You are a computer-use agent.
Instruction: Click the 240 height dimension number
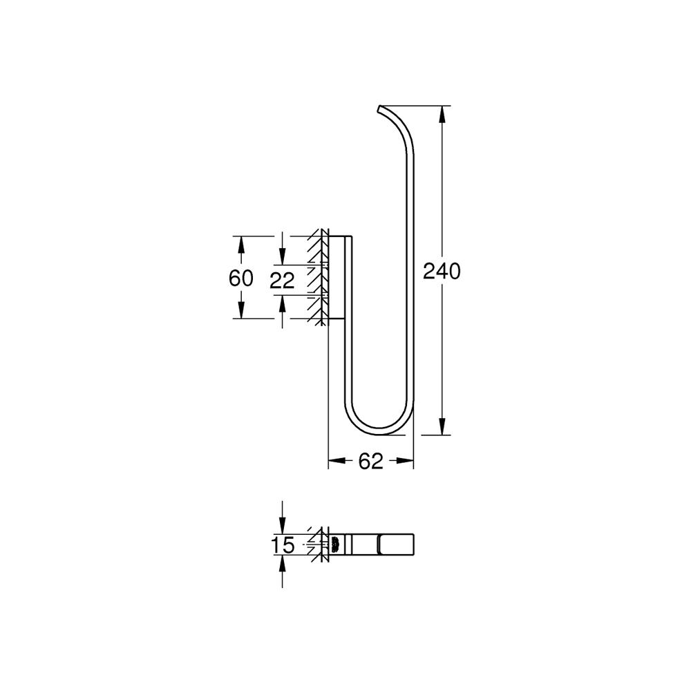coord(442,271)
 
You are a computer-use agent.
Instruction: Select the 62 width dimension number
coord(370,461)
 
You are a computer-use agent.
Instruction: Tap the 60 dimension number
coord(241,278)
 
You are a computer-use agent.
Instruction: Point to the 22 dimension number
coord(282,281)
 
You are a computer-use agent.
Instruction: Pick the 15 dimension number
coord(283,545)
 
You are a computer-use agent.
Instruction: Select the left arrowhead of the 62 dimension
coord(337,461)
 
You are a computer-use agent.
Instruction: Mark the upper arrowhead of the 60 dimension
coord(241,245)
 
